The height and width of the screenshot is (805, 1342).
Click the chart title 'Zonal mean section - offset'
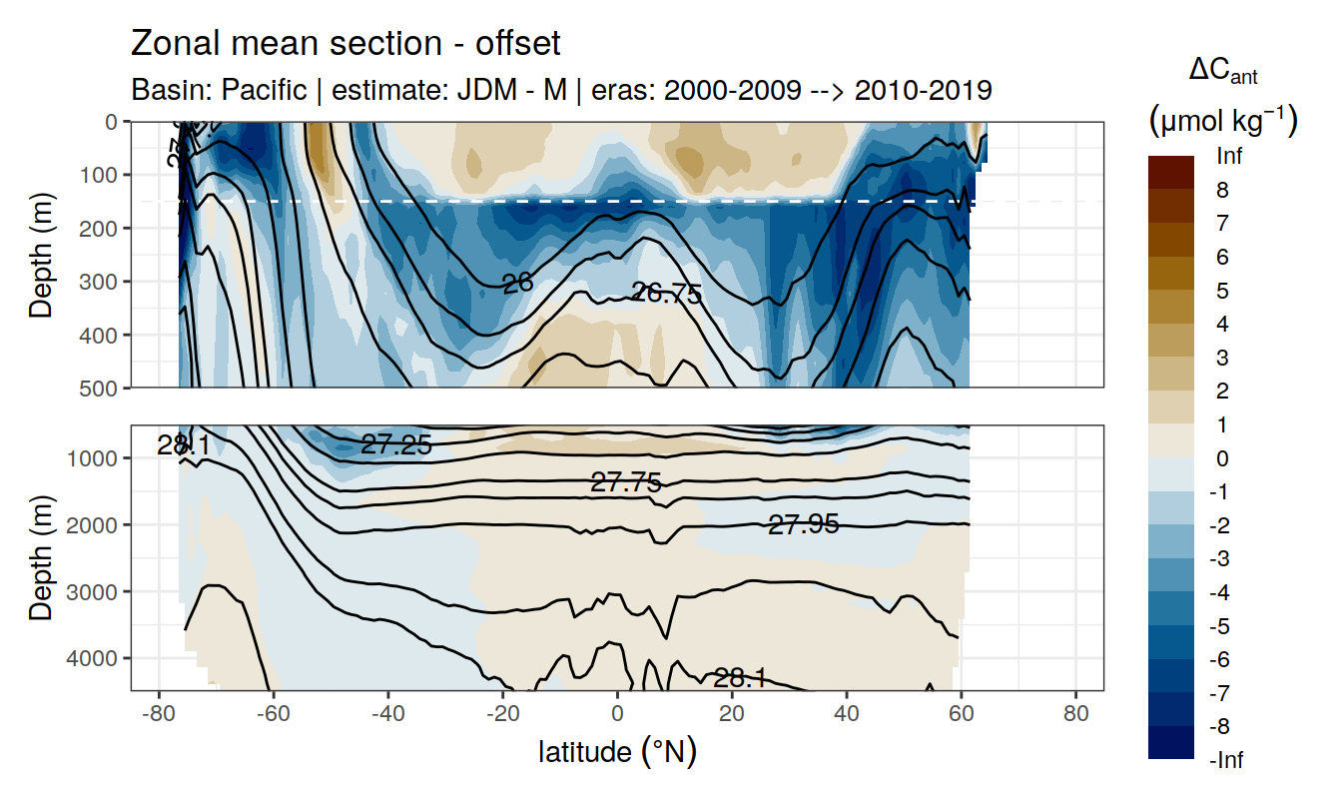click(x=345, y=44)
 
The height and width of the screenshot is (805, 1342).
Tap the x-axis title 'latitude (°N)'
click(x=617, y=751)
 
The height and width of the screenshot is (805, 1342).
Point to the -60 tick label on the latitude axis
click(x=273, y=715)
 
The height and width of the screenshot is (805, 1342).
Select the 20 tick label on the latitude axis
click(x=732, y=715)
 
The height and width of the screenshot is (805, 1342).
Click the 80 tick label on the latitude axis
click(x=1075, y=715)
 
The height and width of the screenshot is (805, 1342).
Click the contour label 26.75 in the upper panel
click(x=667, y=293)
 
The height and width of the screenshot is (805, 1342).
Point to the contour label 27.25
click(x=396, y=445)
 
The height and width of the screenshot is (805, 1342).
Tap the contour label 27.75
click(x=626, y=483)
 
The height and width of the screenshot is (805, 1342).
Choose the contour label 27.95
click(x=803, y=523)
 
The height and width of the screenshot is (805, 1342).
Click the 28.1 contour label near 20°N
click(x=740, y=679)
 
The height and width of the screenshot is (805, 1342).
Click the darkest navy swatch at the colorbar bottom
click(x=1170, y=743)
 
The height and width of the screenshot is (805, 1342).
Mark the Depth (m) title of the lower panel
click(x=41, y=557)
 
